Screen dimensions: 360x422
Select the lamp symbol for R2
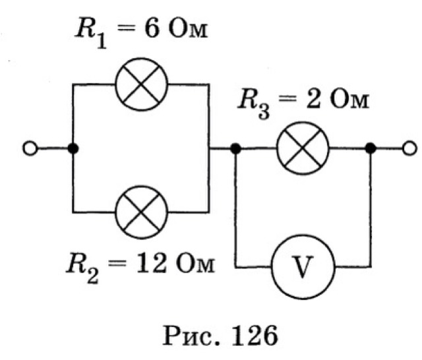[x=141, y=212]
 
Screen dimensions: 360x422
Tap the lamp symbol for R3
[x=304, y=150]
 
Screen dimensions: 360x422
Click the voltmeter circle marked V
[x=303, y=268]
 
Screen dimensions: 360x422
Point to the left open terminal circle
[x=30, y=150]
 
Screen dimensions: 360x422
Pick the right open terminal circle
[x=409, y=150]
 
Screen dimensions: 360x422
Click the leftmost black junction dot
[x=73, y=150]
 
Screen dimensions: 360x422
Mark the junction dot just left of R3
[x=235, y=150]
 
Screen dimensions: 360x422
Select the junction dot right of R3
[x=371, y=150]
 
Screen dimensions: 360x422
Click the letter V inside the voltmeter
[x=303, y=268]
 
